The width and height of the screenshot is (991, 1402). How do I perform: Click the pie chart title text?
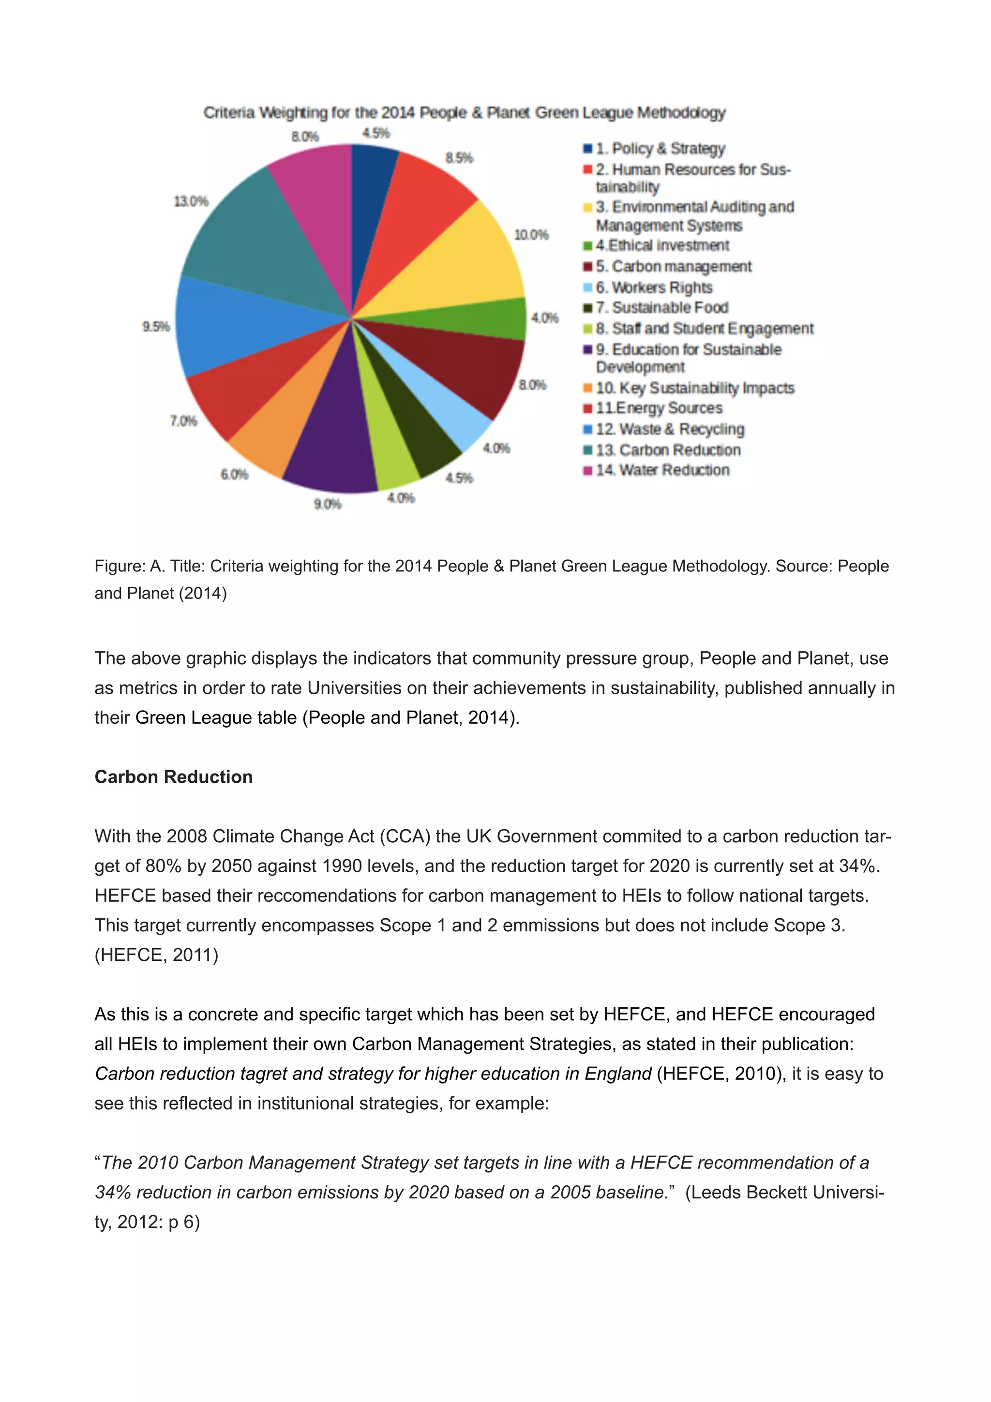pyautogui.click(x=464, y=113)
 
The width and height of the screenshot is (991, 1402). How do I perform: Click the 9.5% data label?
pyautogui.click(x=156, y=327)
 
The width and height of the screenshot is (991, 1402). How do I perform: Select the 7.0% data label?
pyautogui.click(x=183, y=421)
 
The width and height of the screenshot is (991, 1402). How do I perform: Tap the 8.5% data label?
pyautogui.click(x=459, y=158)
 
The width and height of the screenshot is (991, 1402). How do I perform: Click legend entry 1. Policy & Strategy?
pyautogui.click(x=660, y=149)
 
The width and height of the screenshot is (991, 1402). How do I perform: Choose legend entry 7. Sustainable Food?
pyautogui.click(x=662, y=308)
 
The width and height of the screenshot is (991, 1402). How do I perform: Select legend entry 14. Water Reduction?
pyautogui.click(x=662, y=470)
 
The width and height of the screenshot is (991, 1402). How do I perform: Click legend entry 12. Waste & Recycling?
pyautogui.click(x=670, y=429)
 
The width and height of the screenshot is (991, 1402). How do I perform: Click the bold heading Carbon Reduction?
pyautogui.click(x=173, y=777)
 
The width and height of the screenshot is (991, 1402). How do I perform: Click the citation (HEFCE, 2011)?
pyautogui.click(x=156, y=955)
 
